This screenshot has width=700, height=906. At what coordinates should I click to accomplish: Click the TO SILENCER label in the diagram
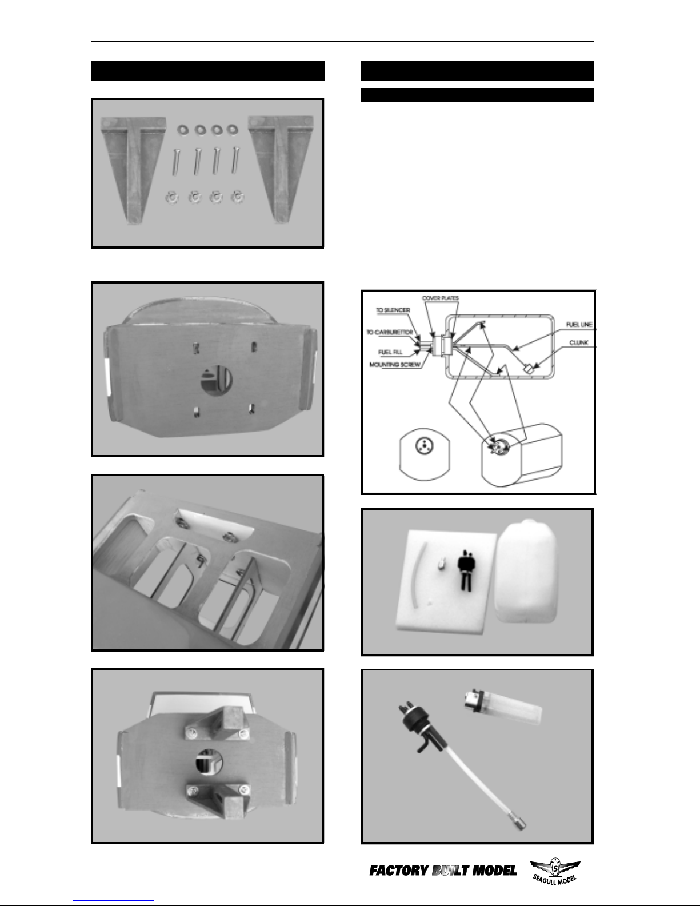pos(393,310)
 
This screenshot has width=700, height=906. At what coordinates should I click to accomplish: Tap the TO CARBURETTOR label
pos(390,332)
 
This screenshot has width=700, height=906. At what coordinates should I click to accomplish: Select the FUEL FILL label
pos(390,352)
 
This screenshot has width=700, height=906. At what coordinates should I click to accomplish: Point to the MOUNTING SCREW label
pos(395,365)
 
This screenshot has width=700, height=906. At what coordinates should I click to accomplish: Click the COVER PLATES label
pos(441,298)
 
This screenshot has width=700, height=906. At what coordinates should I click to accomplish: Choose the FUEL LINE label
pos(579,324)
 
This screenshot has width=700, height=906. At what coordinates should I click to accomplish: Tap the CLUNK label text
pos(579,343)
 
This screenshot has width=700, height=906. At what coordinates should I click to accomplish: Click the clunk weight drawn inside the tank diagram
pos(529,369)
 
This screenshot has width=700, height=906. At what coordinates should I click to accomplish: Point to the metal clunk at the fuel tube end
pos(520,824)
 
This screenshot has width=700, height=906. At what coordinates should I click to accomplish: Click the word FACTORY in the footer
pos(399,871)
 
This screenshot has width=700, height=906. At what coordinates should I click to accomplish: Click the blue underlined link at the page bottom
pos(113,901)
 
